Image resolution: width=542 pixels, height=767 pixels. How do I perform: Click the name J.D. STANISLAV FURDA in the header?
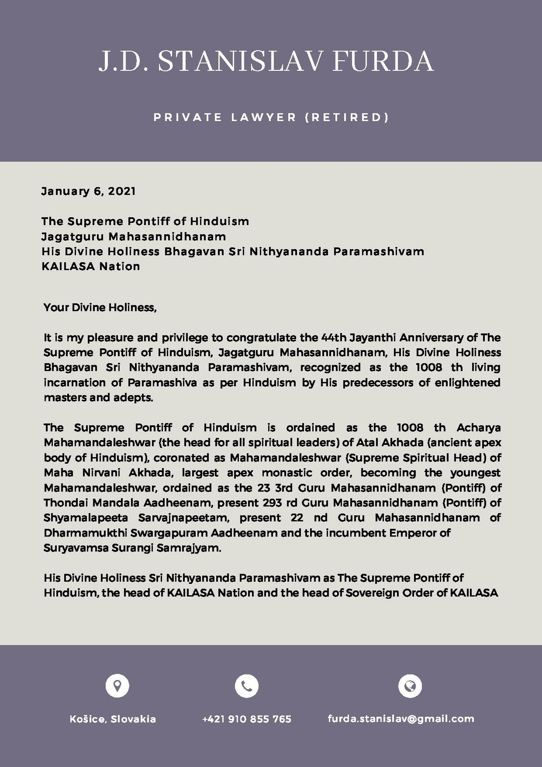tap(266, 61)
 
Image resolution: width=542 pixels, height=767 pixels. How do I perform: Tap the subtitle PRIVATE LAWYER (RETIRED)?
tap(271, 118)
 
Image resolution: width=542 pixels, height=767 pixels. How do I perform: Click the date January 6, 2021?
tap(88, 191)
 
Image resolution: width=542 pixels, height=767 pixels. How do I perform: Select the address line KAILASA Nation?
tap(90, 266)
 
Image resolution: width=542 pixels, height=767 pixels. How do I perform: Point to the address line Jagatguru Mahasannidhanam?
tap(133, 236)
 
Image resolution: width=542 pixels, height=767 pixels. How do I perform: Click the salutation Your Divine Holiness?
tap(100, 307)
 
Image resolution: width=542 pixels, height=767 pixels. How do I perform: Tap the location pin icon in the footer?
tap(117, 686)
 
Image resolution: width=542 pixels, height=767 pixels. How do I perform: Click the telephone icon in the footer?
tap(246, 686)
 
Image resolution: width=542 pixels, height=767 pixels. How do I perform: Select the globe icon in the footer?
tap(410, 686)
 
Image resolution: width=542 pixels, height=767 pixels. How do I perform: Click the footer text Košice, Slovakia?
tap(113, 719)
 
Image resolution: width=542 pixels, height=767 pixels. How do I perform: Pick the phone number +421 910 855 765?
tap(246, 719)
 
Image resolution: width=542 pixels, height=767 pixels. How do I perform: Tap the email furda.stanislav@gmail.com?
tap(401, 719)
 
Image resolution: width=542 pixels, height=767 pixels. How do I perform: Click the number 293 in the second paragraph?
tap(272, 502)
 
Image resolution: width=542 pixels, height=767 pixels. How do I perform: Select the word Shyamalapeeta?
tap(85, 517)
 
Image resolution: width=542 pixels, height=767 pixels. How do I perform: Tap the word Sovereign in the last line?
tap(370, 593)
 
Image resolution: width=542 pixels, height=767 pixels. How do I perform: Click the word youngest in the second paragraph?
tap(475, 473)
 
